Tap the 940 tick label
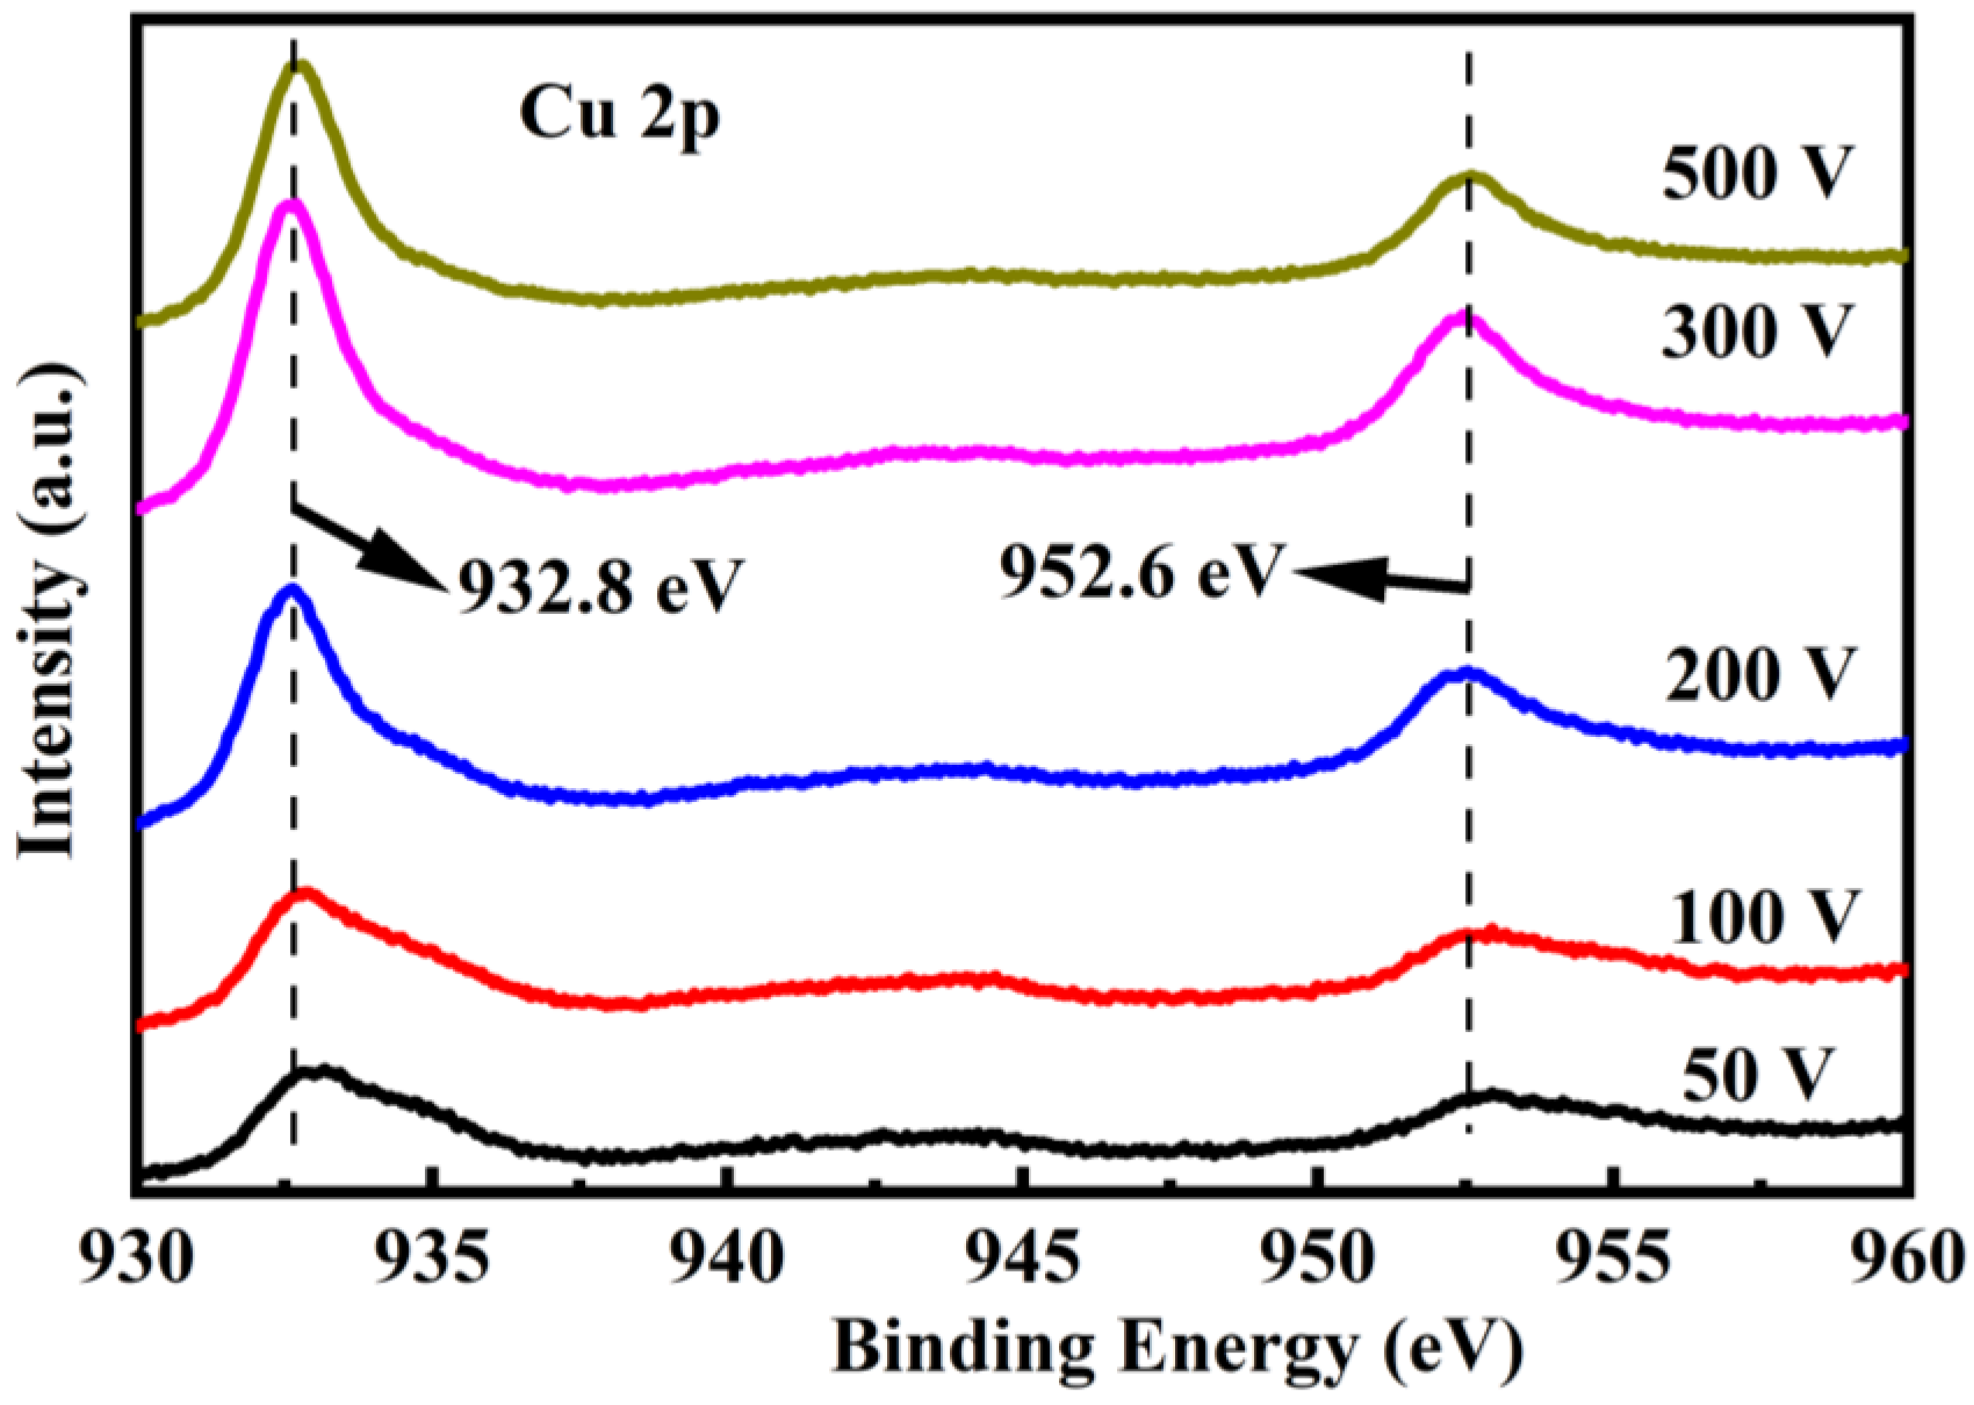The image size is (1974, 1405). coord(728,1260)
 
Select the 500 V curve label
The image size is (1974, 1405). coord(1756,173)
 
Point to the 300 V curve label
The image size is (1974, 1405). coord(1756,331)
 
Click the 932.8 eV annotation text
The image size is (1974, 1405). coord(599,585)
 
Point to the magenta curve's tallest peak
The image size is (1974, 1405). coord(292,206)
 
